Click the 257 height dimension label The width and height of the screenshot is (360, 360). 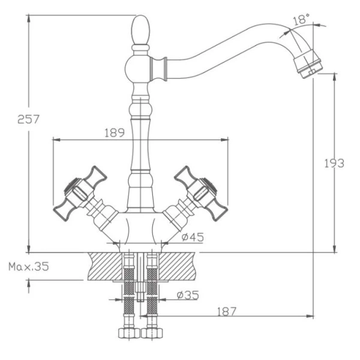[x=28, y=119]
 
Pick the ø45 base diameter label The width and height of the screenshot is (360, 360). [x=193, y=237]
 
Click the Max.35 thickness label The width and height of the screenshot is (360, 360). [x=28, y=265]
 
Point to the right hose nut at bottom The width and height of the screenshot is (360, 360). [x=152, y=333]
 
